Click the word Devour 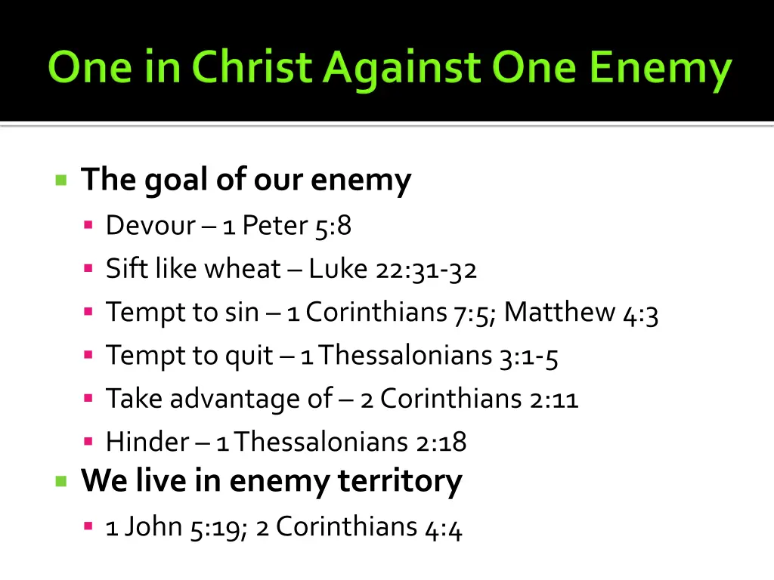click(150, 225)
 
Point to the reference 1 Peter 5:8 click(287, 225)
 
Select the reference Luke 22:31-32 click(393, 269)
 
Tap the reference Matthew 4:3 click(581, 313)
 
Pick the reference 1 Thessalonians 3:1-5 click(429, 355)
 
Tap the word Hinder click(147, 442)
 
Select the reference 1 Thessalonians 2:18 click(341, 442)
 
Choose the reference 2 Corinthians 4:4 click(359, 527)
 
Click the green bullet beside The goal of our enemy click(61, 180)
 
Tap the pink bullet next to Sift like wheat click(88, 268)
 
